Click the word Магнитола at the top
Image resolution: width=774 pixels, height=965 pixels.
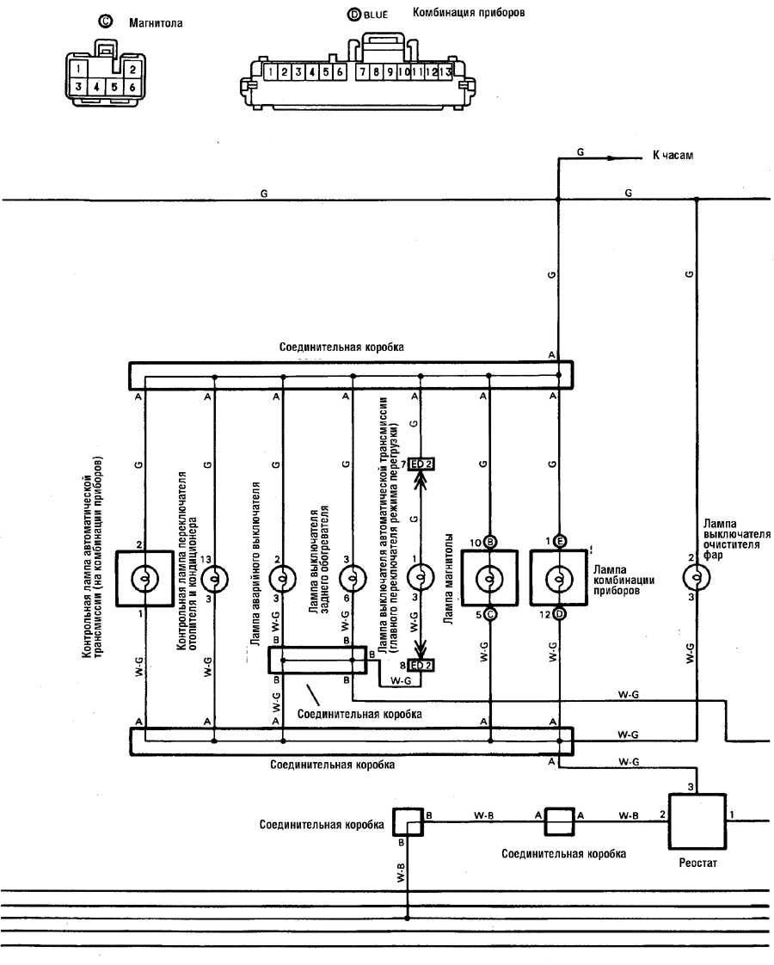(x=156, y=23)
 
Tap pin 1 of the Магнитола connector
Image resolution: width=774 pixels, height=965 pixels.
(x=79, y=68)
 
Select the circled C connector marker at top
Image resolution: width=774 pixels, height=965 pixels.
(x=106, y=21)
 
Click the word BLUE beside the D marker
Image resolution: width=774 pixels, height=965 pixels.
(x=375, y=14)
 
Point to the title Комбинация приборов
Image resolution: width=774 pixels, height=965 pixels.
(x=468, y=12)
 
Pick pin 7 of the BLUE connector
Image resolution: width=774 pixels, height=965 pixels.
(x=362, y=72)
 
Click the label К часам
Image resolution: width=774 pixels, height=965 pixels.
(x=673, y=156)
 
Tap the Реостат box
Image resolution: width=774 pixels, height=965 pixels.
(x=697, y=821)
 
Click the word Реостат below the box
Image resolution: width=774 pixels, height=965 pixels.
(x=697, y=863)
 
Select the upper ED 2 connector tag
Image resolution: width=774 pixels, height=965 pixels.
(x=421, y=464)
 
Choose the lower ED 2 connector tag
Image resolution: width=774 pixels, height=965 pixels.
(x=421, y=666)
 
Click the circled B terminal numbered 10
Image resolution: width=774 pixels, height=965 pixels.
(x=490, y=542)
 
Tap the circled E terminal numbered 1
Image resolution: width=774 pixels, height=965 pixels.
(x=559, y=541)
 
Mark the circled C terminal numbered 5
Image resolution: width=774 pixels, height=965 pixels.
(x=490, y=614)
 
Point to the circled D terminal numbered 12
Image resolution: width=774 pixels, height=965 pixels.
(x=559, y=614)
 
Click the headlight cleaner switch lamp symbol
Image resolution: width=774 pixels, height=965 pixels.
(x=697, y=577)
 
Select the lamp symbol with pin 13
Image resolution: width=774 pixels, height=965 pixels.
(x=214, y=579)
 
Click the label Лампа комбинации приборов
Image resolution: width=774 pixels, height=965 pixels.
(x=623, y=580)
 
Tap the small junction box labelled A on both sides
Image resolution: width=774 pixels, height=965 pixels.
(x=559, y=821)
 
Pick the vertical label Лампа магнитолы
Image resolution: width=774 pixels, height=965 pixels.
(x=449, y=579)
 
